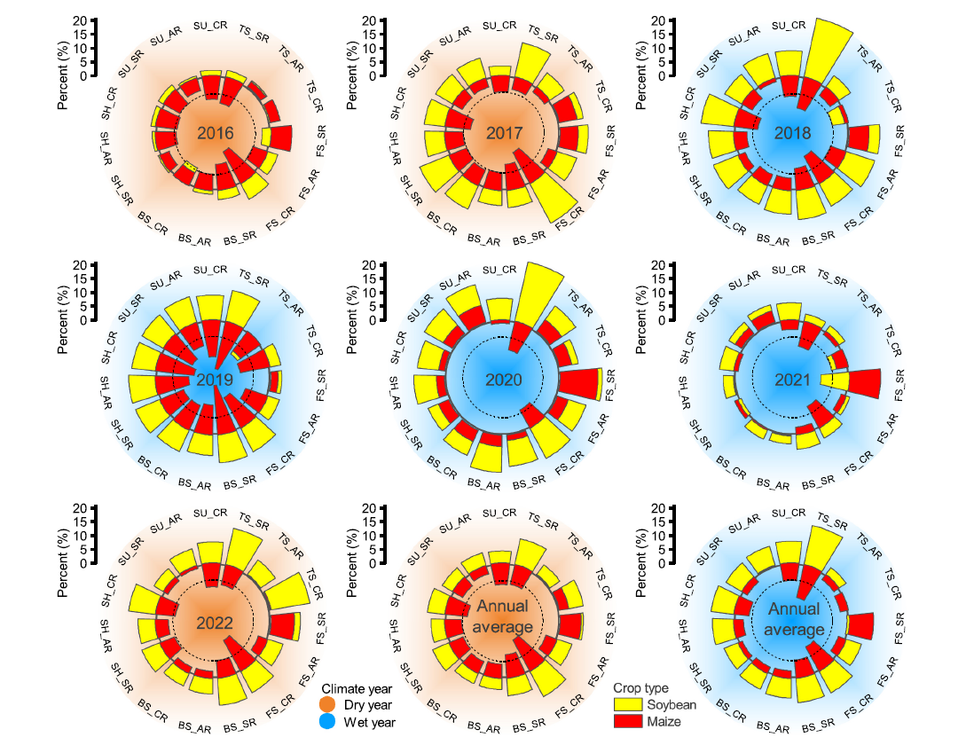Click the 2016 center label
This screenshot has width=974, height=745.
click(215, 134)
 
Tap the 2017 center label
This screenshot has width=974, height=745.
click(504, 134)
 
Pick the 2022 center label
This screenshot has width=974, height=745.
click(215, 623)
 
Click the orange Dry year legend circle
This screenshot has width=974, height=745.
click(328, 705)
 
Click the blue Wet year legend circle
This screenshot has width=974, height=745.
click(328, 723)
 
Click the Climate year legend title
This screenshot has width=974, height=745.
click(356, 688)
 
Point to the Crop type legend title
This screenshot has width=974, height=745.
click(640, 687)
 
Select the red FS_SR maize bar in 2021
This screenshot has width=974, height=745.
click(865, 382)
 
